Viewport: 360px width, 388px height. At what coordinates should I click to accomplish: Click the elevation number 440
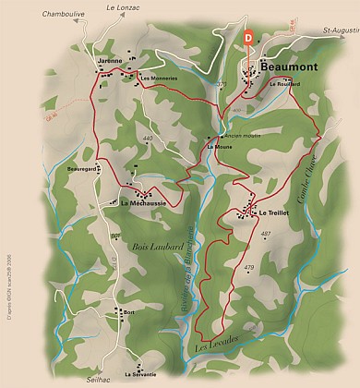[x=148, y=139]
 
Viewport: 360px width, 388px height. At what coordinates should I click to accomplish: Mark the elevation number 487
[x=266, y=234]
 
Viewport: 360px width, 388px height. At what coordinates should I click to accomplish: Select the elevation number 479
[x=248, y=267]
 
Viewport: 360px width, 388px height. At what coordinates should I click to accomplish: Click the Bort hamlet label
[x=128, y=312]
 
